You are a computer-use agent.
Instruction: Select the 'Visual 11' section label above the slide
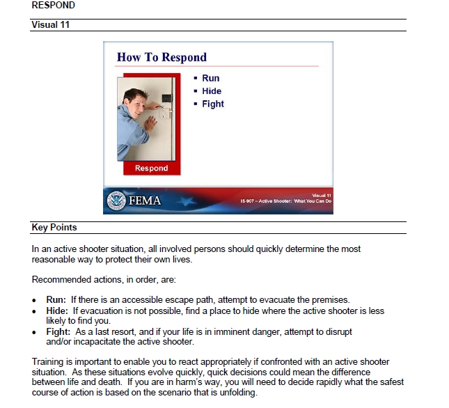pos(52,25)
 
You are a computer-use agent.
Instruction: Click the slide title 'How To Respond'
pos(162,57)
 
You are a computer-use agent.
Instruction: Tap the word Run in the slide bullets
pos(210,78)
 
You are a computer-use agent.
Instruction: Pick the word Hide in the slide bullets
pos(212,91)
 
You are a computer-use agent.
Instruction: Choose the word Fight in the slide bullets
pos(213,104)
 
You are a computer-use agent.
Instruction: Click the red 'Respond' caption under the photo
pos(151,168)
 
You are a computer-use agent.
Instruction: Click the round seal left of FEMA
pos(116,201)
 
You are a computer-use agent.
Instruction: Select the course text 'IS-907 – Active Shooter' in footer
pos(267,201)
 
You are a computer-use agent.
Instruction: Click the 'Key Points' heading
pos(54,228)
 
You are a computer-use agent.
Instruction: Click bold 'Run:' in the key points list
pos(56,299)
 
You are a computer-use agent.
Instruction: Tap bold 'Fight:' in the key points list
pos(59,333)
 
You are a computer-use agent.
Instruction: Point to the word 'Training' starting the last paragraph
pos(49,361)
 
